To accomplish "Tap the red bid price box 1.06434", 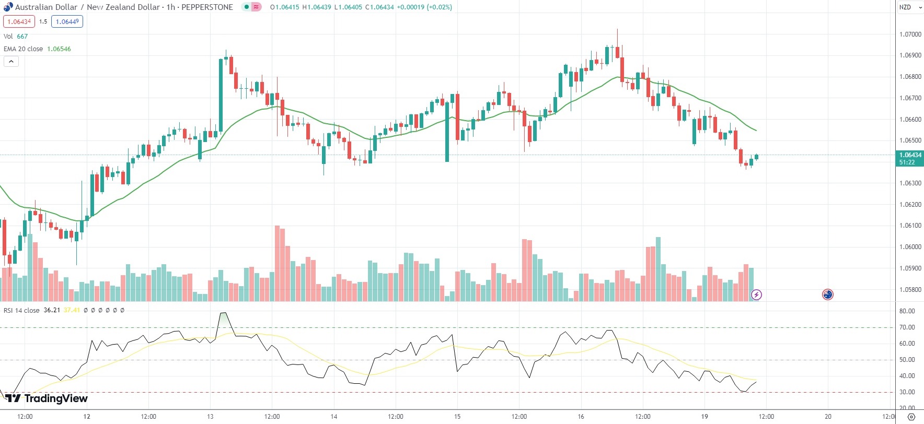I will (19, 21).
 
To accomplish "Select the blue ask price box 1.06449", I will (67, 21).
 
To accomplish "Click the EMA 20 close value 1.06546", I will (59, 49).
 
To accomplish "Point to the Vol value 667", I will (22, 37).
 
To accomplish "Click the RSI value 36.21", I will (52, 310).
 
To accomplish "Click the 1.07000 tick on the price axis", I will (910, 34).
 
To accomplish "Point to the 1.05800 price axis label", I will (910, 290).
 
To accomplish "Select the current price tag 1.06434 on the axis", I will (910, 155).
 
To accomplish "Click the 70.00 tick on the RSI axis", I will (907, 327).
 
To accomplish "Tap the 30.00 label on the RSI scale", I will (907, 392).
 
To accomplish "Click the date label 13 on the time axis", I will (210, 417).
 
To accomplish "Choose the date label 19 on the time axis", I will (704, 417).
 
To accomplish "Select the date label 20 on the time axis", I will (828, 417).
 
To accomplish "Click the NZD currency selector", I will (905, 7).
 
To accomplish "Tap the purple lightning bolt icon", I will (756, 295).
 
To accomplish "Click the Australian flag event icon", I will (827, 295).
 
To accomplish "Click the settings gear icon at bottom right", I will (911, 417).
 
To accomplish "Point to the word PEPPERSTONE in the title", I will (207, 7).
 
